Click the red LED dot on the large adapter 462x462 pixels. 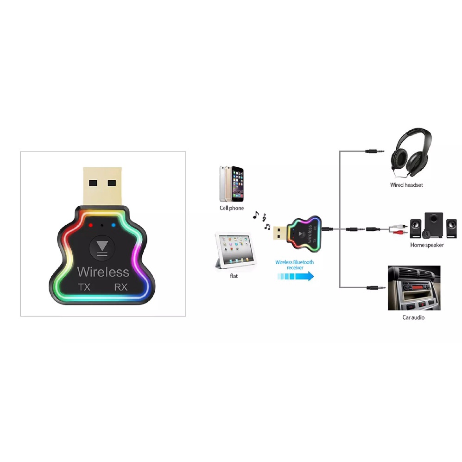[91, 226]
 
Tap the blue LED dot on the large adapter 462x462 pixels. [113, 226]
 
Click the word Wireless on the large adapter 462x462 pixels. [103, 271]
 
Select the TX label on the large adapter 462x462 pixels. [84, 287]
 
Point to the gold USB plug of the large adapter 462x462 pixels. [102, 184]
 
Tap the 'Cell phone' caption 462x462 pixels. [231, 208]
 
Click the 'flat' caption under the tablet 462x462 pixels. [234, 276]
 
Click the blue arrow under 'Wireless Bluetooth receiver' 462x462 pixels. [296, 276]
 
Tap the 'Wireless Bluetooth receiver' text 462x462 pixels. [295, 265]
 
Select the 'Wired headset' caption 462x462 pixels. [406, 185]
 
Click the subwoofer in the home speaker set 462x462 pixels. [433, 224]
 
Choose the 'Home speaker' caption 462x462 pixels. [427, 245]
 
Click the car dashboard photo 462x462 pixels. [414, 288]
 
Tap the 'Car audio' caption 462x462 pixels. [413, 317]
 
